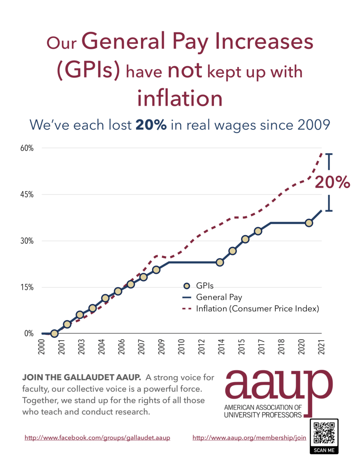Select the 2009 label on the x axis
pos(161,346)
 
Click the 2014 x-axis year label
pos(220,346)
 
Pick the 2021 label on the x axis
pos(321,346)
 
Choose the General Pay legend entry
pos(218,297)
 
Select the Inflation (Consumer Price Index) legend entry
pos(257,309)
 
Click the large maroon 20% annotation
pos(332,182)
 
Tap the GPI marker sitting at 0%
pos(54,333)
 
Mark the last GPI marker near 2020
pos(309,223)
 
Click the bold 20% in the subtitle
pos(151,124)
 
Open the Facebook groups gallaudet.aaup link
pos(97,438)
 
